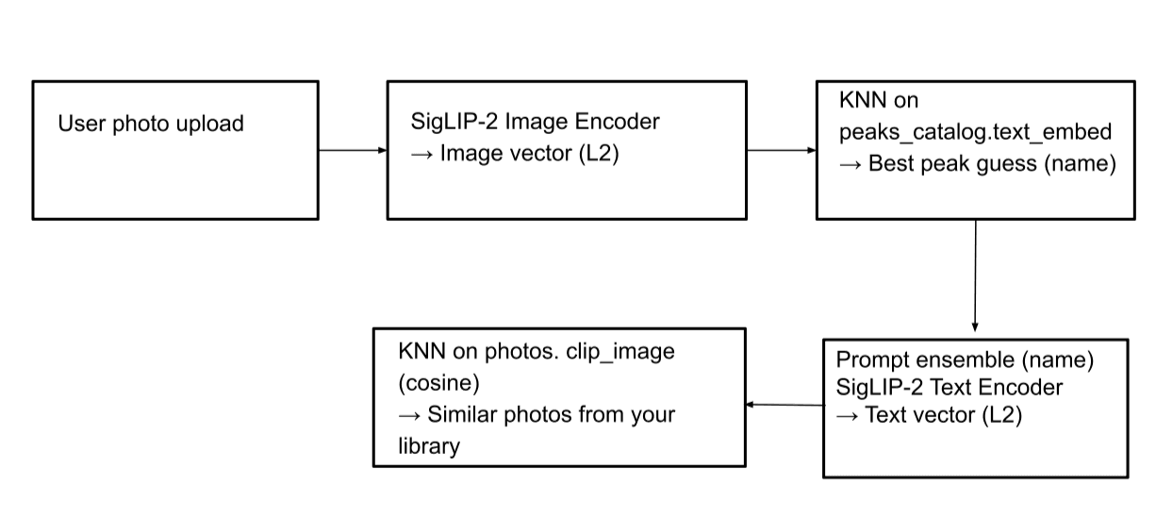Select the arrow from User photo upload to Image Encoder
[352, 150]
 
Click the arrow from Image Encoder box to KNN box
[781, 150]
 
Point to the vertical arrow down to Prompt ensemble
[975, 278]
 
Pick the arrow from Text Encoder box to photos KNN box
[784, 405]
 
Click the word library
[429, 445]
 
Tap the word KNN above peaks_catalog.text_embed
[860, 101]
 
